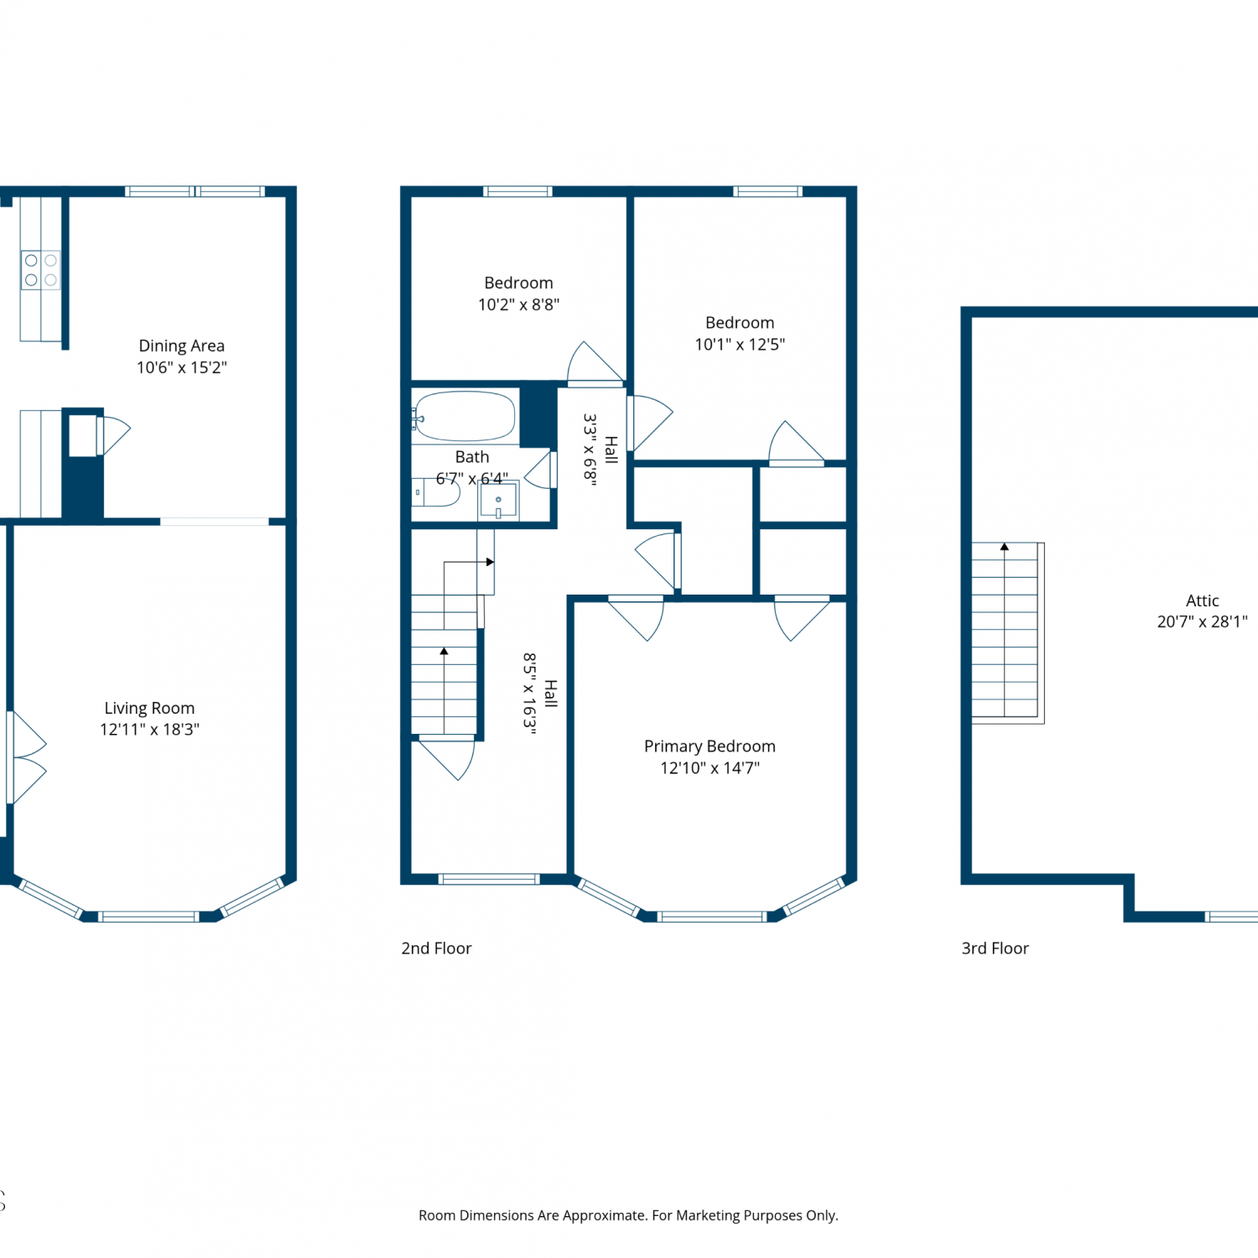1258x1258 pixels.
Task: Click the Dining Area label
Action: pyautogui.click(x=181, y=346)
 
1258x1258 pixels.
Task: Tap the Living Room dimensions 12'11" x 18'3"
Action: pyautogui.click(x=149, y=730)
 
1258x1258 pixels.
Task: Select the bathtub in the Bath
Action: pyautogui.click(x=465, y=416)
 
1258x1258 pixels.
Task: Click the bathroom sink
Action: pyautogui.click(x=498, y=501)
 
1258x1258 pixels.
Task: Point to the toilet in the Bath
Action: pyautogui.click(x=436, y=492)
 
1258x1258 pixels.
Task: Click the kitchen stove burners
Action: pyautogui.click(x=40, y=270)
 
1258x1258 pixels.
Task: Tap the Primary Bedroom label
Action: pyautogui.click(x=710, y=746)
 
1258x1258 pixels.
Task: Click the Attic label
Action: pyautogui.click(x=1202, y=600)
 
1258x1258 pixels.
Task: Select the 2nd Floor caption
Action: pyautogui.click(x=436, y=949)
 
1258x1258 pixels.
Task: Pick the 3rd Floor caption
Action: pyautogui.click(x=995, y=949)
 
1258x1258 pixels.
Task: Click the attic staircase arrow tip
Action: pyautogui.click(x=1005, y=544)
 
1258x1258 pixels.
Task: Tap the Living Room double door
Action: pyautogui.click(x=25, y=757)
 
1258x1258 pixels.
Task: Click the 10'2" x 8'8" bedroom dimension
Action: pyautogui.click(x=518, y=304)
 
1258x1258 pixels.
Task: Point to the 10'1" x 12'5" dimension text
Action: pyautogui.click(x=740, y=344)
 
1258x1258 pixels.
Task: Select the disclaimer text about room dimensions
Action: pyautogui.click(x=628, y=1215)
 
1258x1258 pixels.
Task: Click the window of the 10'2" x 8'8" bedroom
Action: pyautogui.click(x=517, y=191)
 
